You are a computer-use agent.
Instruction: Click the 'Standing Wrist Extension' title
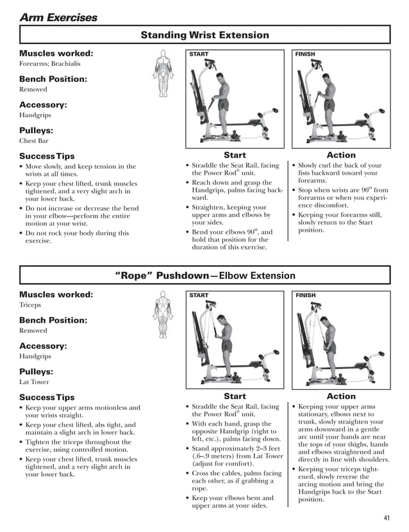pos(204,35)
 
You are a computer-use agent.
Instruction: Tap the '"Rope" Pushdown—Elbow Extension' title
pos(204,276)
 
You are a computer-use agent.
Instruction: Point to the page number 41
pos(386,518)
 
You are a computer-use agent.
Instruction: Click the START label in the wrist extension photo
pos(199,54)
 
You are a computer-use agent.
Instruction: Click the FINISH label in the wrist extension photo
pos(305,54)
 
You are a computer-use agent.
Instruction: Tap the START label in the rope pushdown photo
pos(199,296)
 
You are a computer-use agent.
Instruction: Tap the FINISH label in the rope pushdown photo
pos(305,296)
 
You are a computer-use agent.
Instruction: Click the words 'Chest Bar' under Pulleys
pos(34,141)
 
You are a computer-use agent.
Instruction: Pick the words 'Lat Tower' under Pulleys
pos(34,382)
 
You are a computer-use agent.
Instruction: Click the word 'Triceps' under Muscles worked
pos(30,305)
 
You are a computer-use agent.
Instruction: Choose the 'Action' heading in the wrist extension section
pos(340,155)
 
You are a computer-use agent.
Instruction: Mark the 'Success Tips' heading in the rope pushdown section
pos(47,398)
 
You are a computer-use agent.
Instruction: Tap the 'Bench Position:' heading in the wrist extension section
pos(53,79)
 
